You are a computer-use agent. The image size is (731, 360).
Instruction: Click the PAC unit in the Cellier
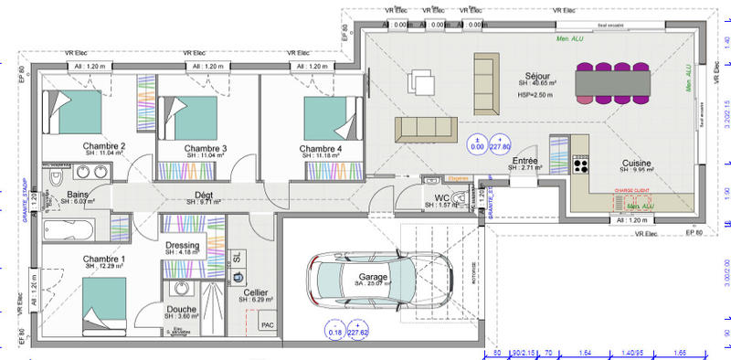coord(268,323)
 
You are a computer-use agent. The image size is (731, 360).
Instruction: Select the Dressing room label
coord(183,245)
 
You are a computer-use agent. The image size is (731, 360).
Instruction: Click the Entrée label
coord(524,160)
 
